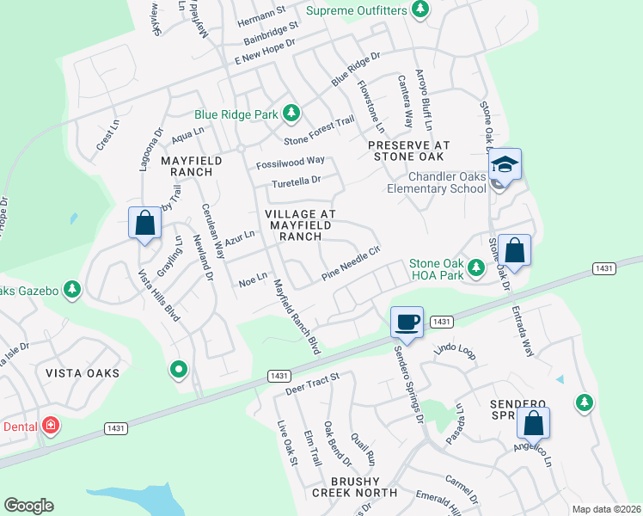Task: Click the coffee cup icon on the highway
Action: (x=407, y=322)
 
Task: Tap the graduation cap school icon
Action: (x=505, y=164)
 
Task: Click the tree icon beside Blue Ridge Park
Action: (x=291, y=113)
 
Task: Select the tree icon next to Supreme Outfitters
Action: (x=419, y=9)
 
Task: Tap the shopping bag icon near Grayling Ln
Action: (x=145, y=224)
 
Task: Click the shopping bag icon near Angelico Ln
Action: (x=533, y=423)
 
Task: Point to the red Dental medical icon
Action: (x=51, y=426)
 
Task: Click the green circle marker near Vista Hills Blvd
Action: (x=179, y=369)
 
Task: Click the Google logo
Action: (x=28, y=506)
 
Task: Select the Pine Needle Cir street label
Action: (x=351, y=263)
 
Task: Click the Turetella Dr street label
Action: (x=296, y=181)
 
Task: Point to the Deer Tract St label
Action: (x=313, y=384)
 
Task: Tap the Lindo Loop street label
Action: (x=455, y=351)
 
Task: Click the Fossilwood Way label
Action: (x=291, y=162)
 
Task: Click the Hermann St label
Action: (x=261, y=15)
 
